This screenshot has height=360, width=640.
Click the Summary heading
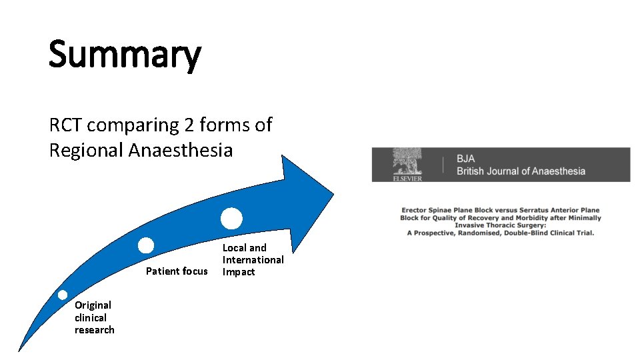click(125, 55)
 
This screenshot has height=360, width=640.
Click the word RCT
click(66, 125)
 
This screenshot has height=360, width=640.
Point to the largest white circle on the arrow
click(231, 218)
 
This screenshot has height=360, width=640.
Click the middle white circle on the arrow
click(146, 245)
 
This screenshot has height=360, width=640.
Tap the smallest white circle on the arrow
click(62, 295)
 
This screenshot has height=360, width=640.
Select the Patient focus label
click(177, 271)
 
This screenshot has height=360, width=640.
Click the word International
click(253, 260)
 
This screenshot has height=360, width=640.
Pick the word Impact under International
click(239, 272)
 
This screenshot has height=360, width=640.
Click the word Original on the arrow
click(93, 305)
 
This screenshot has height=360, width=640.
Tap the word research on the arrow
click(95, 330)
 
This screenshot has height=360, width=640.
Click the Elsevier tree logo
click(406, 162)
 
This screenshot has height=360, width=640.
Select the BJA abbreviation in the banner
click(467, 159)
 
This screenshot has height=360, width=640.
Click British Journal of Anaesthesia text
click(521, 171)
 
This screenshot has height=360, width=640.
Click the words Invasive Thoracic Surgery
click(500, 225)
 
